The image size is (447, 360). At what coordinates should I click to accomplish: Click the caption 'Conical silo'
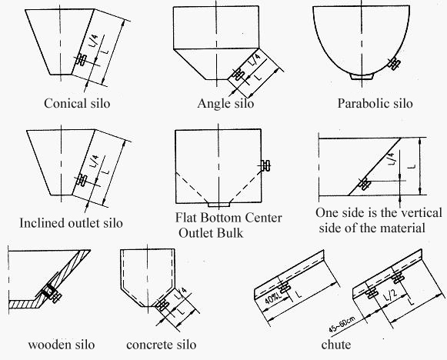pos(77,103)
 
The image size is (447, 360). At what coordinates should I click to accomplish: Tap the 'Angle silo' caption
pos(225,103)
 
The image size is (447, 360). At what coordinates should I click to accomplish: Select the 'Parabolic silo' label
pos(375,103)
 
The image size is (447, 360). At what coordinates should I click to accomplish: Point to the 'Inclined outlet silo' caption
pos(71,223)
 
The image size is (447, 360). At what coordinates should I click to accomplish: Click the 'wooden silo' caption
pos(62,345)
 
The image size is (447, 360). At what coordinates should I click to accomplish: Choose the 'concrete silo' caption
pos(162,345)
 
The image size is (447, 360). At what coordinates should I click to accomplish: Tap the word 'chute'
pos(335,345)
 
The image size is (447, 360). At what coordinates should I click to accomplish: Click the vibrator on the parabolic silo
pos(394,63)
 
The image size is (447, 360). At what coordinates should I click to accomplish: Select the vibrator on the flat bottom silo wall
pos(266,165)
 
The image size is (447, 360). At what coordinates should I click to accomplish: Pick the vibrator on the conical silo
pos(81,60)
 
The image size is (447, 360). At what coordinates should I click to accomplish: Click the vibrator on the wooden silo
pos(53,293)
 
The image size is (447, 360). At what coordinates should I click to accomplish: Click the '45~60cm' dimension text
pos(342,325)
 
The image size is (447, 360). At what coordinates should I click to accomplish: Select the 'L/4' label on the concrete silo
pos(183,293)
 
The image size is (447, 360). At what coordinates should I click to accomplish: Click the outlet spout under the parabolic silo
pos(362,76)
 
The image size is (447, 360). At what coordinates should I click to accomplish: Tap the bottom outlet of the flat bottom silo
pos(218,205)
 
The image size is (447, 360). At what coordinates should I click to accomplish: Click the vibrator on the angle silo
pos(238,75)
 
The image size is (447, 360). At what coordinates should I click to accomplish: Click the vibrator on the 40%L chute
pos(284,286)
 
